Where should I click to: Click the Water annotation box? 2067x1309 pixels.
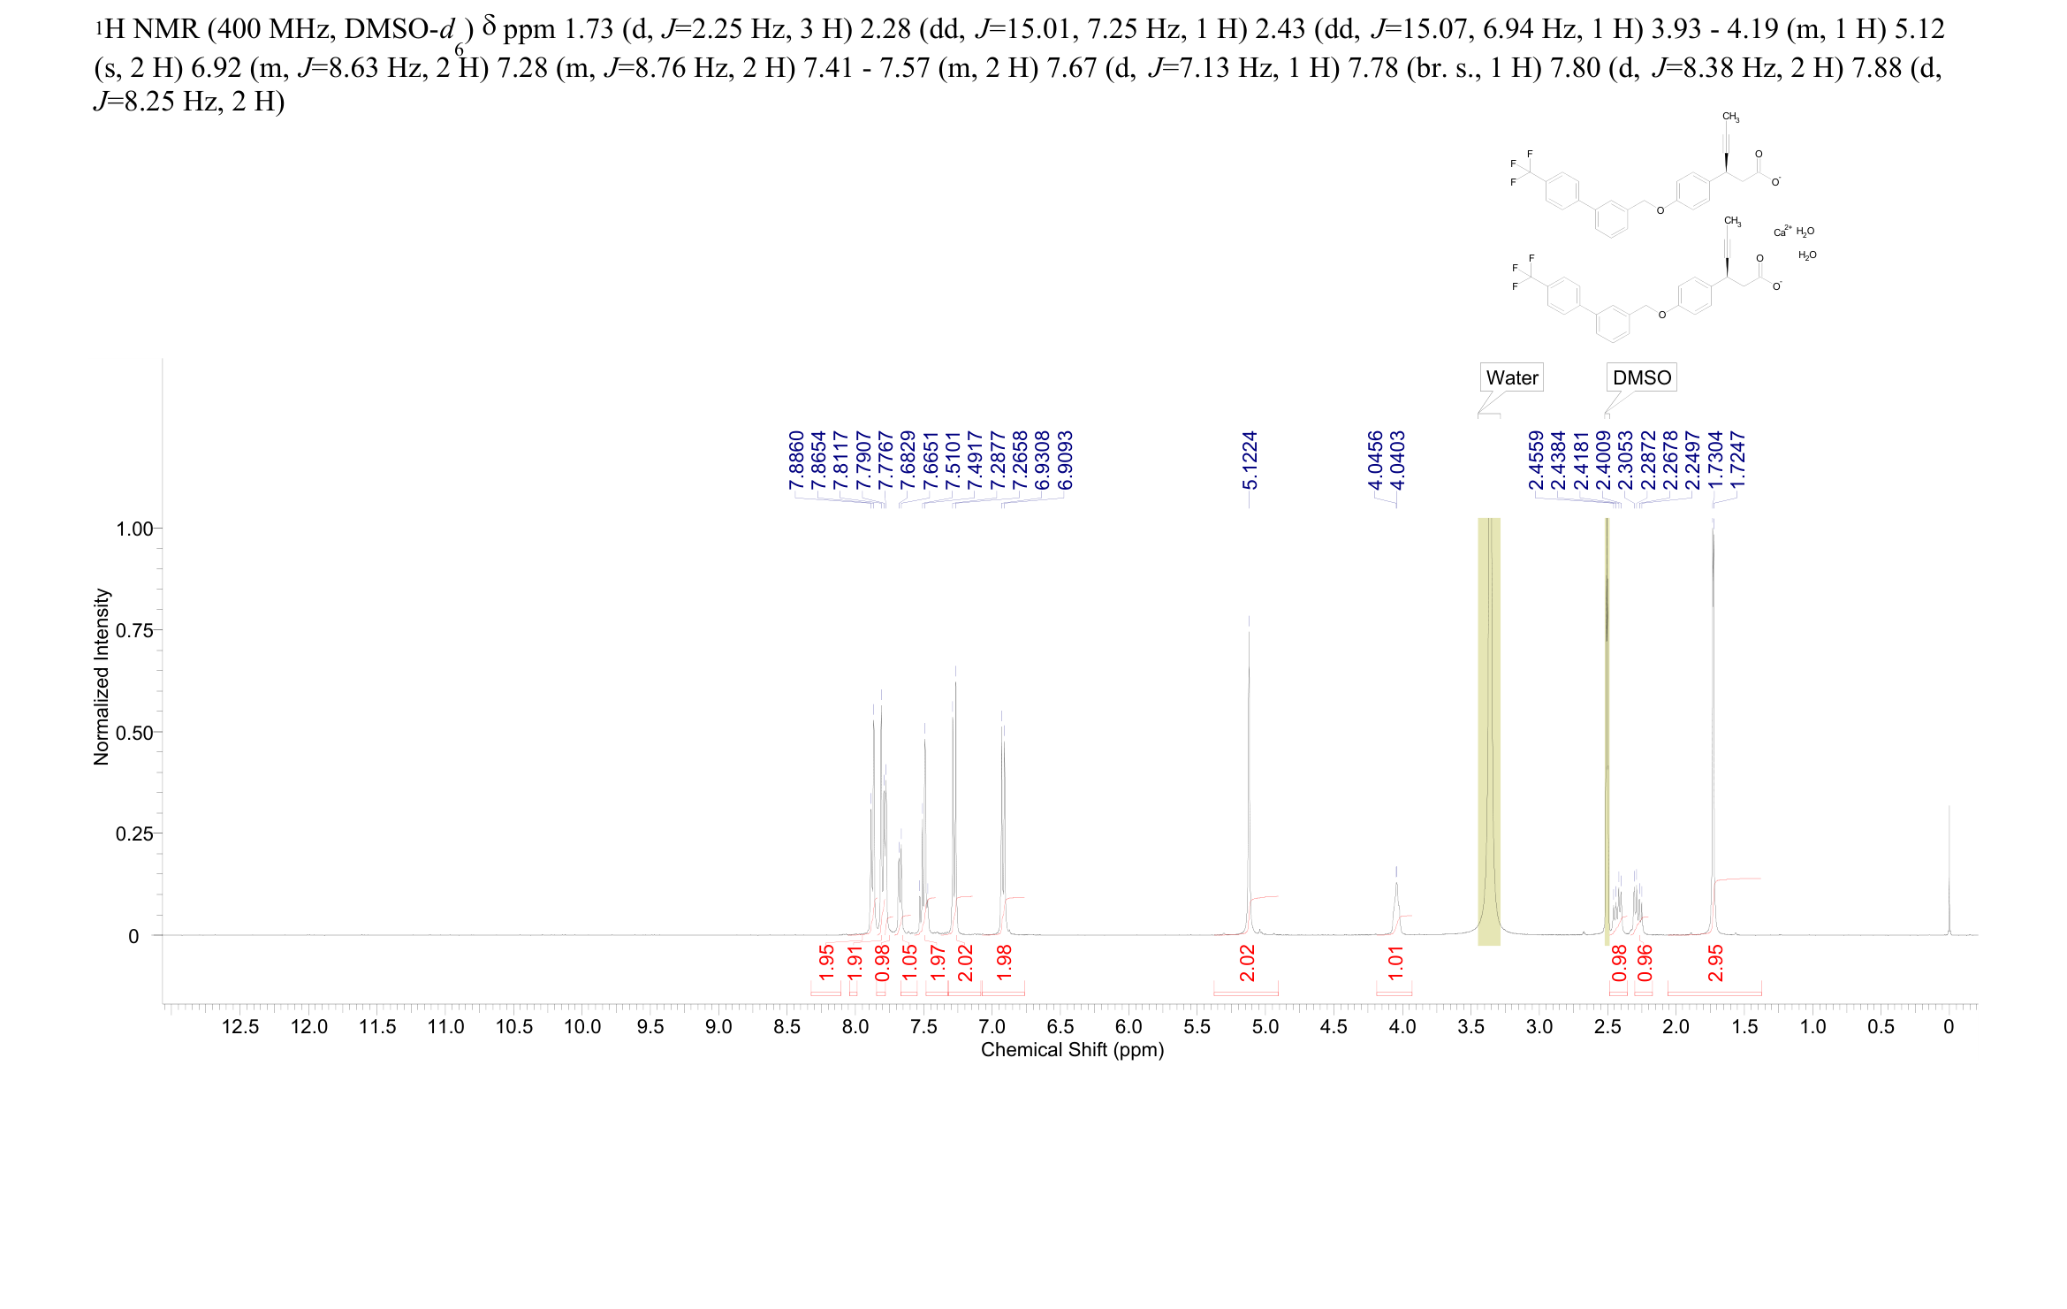1511,377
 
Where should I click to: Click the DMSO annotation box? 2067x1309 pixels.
1641,377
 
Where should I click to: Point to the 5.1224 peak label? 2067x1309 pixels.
1250,460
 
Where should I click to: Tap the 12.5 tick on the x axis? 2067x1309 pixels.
240,1027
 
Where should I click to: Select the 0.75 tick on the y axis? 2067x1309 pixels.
134,630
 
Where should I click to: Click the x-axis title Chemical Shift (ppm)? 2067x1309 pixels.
1072,1050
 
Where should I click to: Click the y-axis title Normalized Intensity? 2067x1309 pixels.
102,677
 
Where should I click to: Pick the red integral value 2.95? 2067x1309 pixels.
1715,963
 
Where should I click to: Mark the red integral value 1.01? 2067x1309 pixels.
1395,963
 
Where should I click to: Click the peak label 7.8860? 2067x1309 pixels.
796,460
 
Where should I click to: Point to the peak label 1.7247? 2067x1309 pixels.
1737,460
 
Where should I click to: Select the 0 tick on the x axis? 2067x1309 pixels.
1949,1027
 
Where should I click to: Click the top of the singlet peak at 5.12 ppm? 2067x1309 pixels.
1249,617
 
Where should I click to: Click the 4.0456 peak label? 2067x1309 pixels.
1374,460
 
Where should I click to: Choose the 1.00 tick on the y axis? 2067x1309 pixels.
134,529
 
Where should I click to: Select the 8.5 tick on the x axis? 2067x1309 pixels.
787,1027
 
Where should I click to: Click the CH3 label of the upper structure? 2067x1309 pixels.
1730,118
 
